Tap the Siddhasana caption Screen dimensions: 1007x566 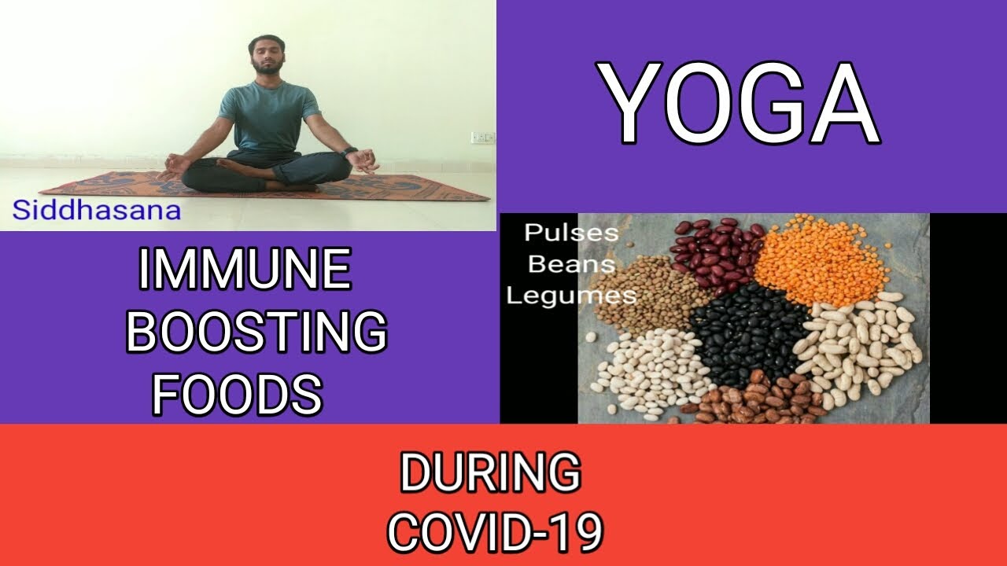click(97, 210)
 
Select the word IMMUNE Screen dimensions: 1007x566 click(245, 270)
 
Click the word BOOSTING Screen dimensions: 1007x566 click(256, 332)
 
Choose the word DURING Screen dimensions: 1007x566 click(490, 472)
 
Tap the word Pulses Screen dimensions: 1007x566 click(571, 233)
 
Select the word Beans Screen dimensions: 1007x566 click(571, 264)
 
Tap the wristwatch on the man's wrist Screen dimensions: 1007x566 click(348, 153)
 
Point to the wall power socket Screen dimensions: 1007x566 click(483, 137)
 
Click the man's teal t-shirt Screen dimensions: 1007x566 click(268, 116)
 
